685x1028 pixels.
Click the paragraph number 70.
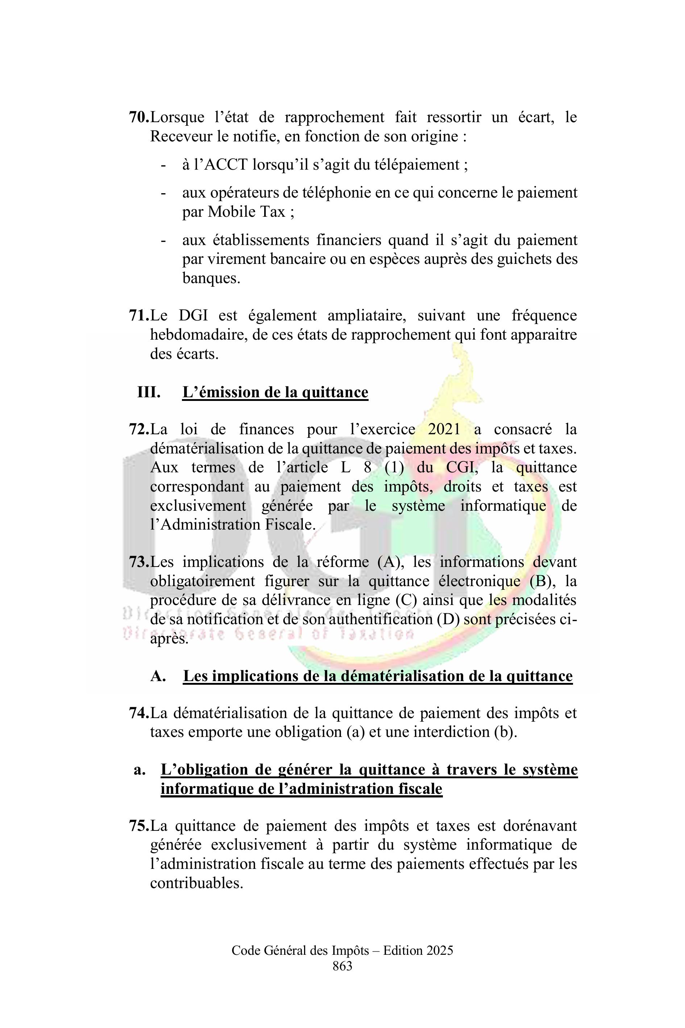point(139,117)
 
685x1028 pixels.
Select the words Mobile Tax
point(246,212)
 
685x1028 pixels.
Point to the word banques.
point(211,278)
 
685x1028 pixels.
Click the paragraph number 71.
point(139,315)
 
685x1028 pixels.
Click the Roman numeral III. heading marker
point(149,392)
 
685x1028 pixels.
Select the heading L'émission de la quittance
point(275,392)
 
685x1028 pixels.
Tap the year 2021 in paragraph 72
point(444,430)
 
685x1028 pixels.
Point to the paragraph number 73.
point(139,562)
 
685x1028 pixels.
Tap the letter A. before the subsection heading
point(158,676)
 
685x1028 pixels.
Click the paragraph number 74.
point(139,713)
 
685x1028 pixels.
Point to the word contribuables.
point(196,883)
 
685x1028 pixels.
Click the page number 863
point(342,966)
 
